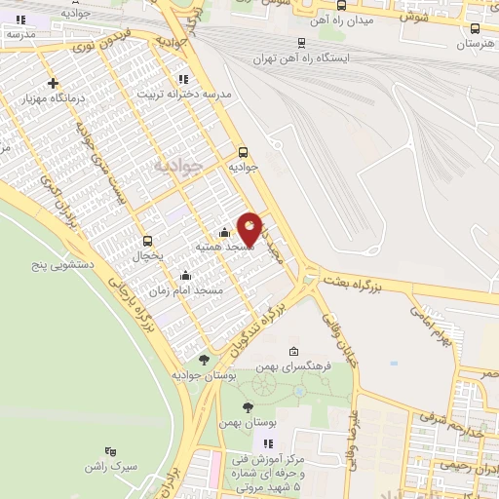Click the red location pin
click(x=250, y=228)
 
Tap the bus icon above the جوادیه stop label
click(x=244, y=152)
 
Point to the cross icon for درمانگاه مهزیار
click(x=53, y=83)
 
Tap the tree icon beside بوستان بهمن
click(x=248, y=407)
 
